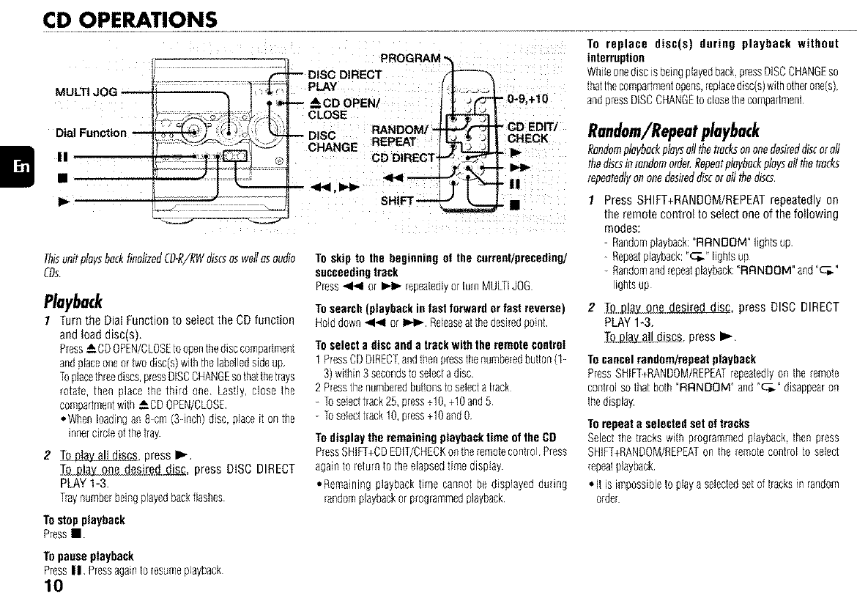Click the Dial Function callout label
pos(92,133)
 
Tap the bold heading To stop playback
pos(84,520)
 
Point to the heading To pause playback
pos(89,556)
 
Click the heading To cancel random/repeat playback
pos(672,359)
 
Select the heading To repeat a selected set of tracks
pos(668,424)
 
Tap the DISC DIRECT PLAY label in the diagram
pos(344,81)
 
